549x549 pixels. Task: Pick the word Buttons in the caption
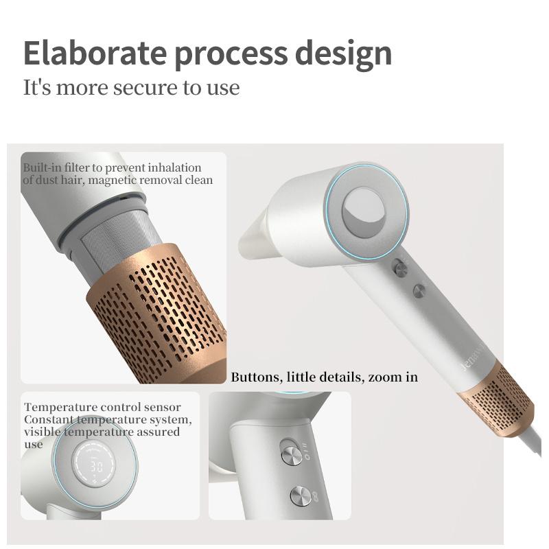pyautogui.click(x=255, y=377)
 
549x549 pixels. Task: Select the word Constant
pyautogui.click(x=47, y=419)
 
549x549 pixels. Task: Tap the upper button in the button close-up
pyautogui.click(x=291, y=454)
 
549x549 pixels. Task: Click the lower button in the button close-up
pyautogui.click(x=301, y=495)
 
